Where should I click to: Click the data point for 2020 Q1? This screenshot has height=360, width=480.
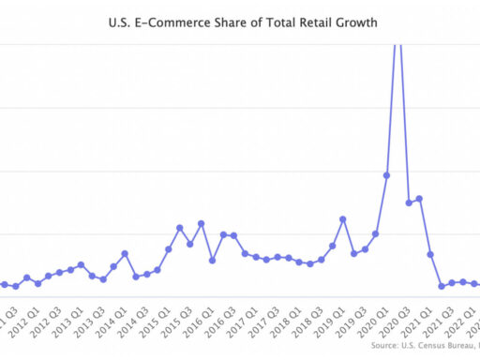click(386, 175)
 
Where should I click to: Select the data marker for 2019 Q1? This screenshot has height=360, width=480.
click(343, 219)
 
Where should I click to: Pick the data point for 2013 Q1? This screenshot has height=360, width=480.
click(82, 264)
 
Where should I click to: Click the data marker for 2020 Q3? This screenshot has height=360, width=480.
click(409, 202)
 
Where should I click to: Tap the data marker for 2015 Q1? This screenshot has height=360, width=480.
click(169, 248)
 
